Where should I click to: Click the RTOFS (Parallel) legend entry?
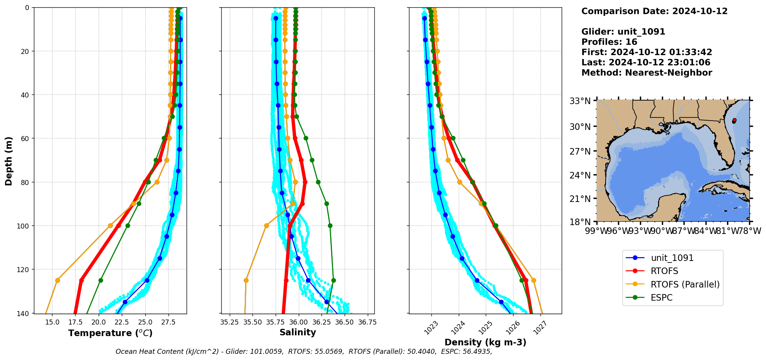click(685, 284)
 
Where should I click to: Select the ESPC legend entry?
click(662, 298)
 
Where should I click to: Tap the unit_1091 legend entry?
click(672, 258)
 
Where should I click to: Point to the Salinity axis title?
click(298, 332)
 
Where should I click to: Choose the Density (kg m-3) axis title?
click(485, 342)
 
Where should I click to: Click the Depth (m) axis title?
click(8, 161)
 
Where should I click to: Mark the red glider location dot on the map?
click(734, 121)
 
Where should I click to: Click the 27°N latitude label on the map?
click(580, 151)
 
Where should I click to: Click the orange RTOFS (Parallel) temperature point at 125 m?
click(57, 280)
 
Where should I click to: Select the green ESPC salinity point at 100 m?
click(330, 226)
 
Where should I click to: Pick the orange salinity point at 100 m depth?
click(266, 226)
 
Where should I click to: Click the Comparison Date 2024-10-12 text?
click(654, 11)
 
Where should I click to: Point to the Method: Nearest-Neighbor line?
click(646, 73)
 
